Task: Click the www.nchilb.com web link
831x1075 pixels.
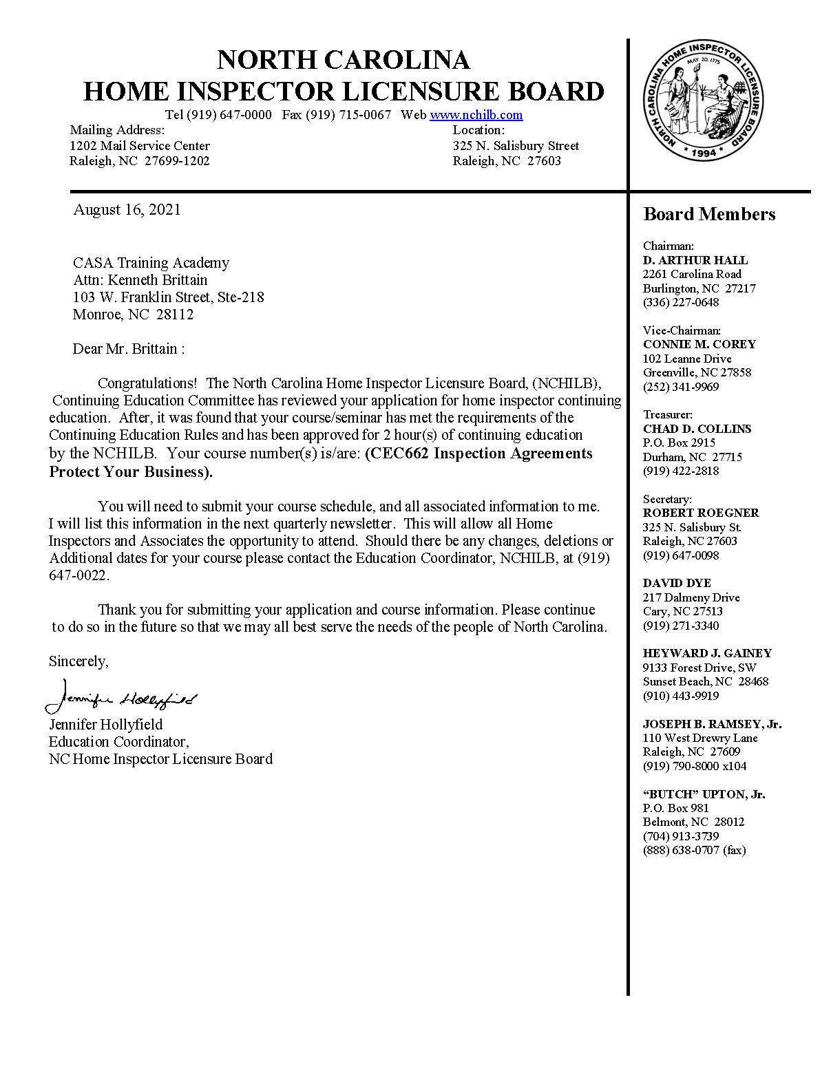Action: coord(476,115)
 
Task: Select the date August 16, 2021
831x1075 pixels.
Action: coord(127,210)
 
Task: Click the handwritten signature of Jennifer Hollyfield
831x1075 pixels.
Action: coord(120,697)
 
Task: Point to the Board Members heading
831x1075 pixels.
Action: coord(709,215)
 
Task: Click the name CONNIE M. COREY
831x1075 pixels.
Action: coord(699,344)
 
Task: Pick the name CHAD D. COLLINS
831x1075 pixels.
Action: coord(697,429)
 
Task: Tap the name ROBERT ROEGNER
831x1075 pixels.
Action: coord(701,513)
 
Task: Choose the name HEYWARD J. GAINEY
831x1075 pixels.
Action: coord(707,653)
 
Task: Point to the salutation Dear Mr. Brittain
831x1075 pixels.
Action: coord(128,349)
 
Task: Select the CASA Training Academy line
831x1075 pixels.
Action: coord(151,263)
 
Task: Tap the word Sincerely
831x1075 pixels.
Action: coord(78,661)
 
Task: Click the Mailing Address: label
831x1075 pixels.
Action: coord(117,130)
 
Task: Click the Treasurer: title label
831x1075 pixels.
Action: coord(668,414)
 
